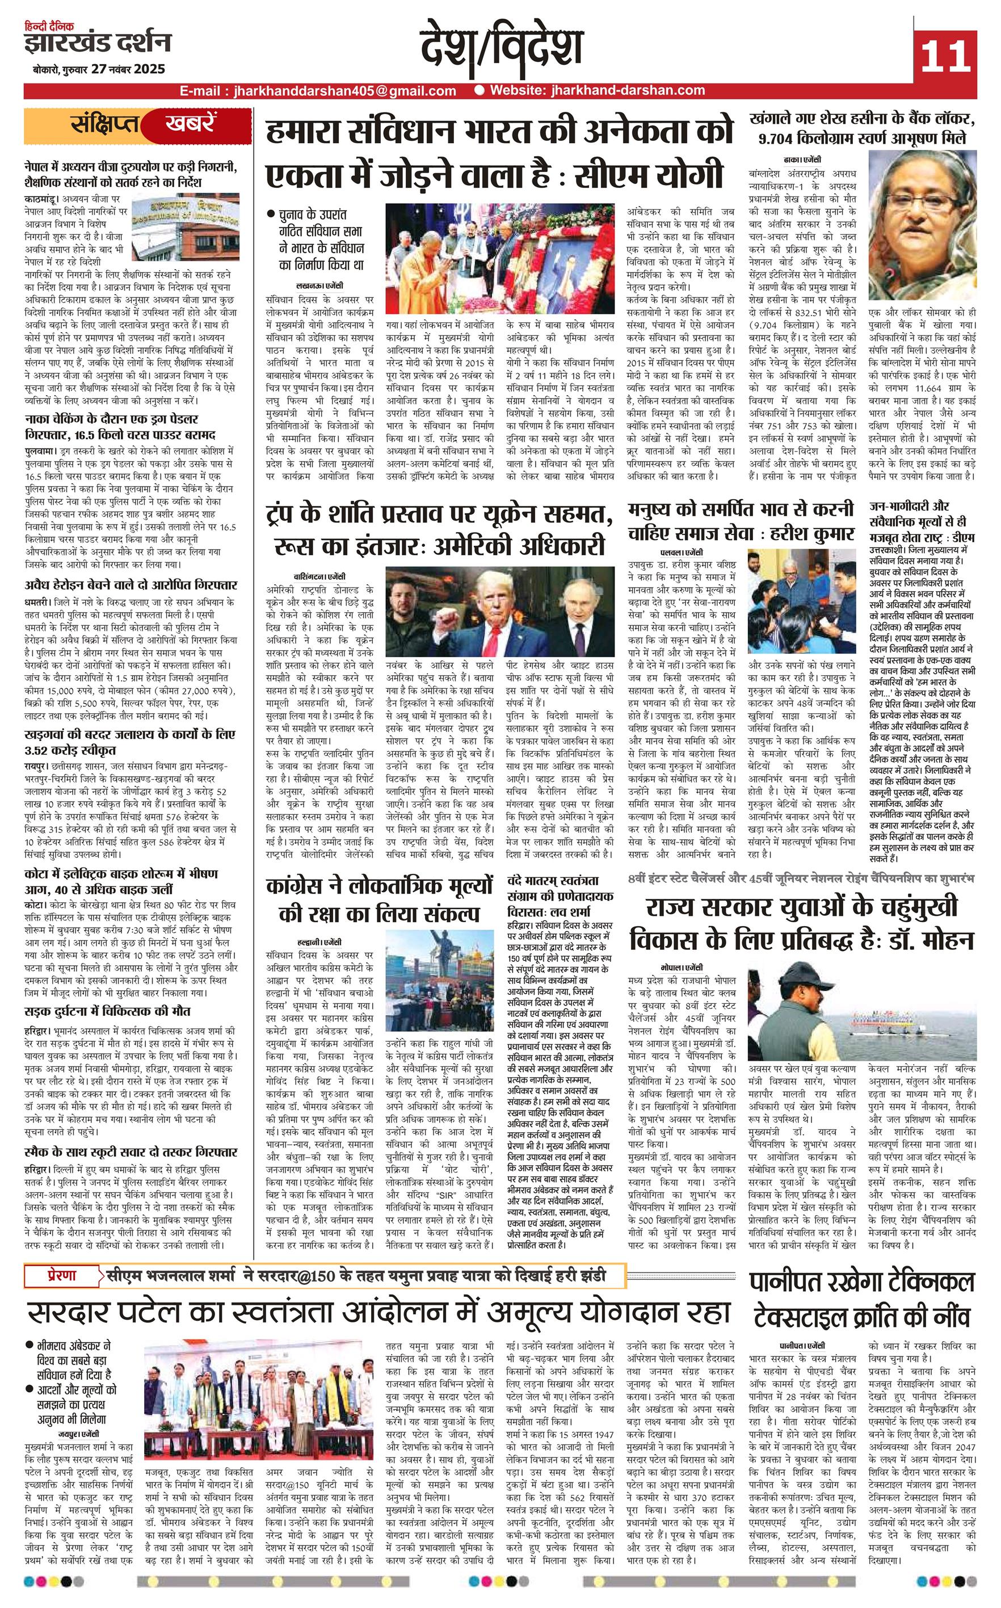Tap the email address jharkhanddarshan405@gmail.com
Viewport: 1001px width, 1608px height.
(341, 91)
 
